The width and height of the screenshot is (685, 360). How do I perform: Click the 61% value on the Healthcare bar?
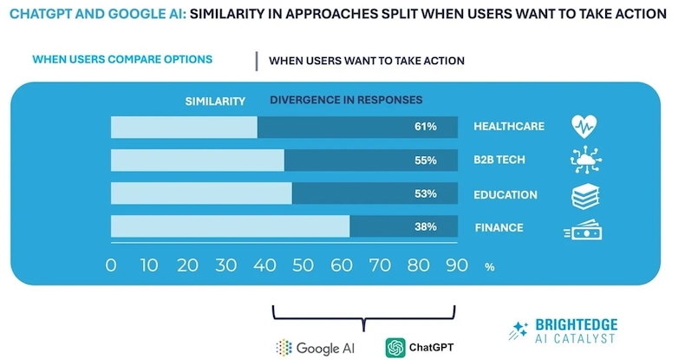425,127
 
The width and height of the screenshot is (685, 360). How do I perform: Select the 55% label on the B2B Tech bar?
425,160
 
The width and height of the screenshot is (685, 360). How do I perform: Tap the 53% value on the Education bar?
425,194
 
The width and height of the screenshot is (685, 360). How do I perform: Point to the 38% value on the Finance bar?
425,227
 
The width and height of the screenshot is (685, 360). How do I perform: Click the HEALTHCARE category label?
508,127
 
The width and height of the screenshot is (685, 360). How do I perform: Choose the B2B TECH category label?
500,160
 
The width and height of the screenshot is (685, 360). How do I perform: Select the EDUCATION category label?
505,194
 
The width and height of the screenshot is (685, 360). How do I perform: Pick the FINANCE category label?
499,228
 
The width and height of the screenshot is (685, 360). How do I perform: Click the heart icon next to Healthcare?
585,127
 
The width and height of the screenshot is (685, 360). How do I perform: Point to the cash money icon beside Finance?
584,230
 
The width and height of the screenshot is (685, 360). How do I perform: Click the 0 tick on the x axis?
110,265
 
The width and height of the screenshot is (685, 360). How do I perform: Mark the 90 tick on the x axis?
455,265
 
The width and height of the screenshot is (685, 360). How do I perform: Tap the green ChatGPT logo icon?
396,347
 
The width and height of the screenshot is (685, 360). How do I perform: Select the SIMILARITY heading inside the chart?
215,101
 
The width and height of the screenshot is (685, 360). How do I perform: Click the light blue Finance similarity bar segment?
230,227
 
